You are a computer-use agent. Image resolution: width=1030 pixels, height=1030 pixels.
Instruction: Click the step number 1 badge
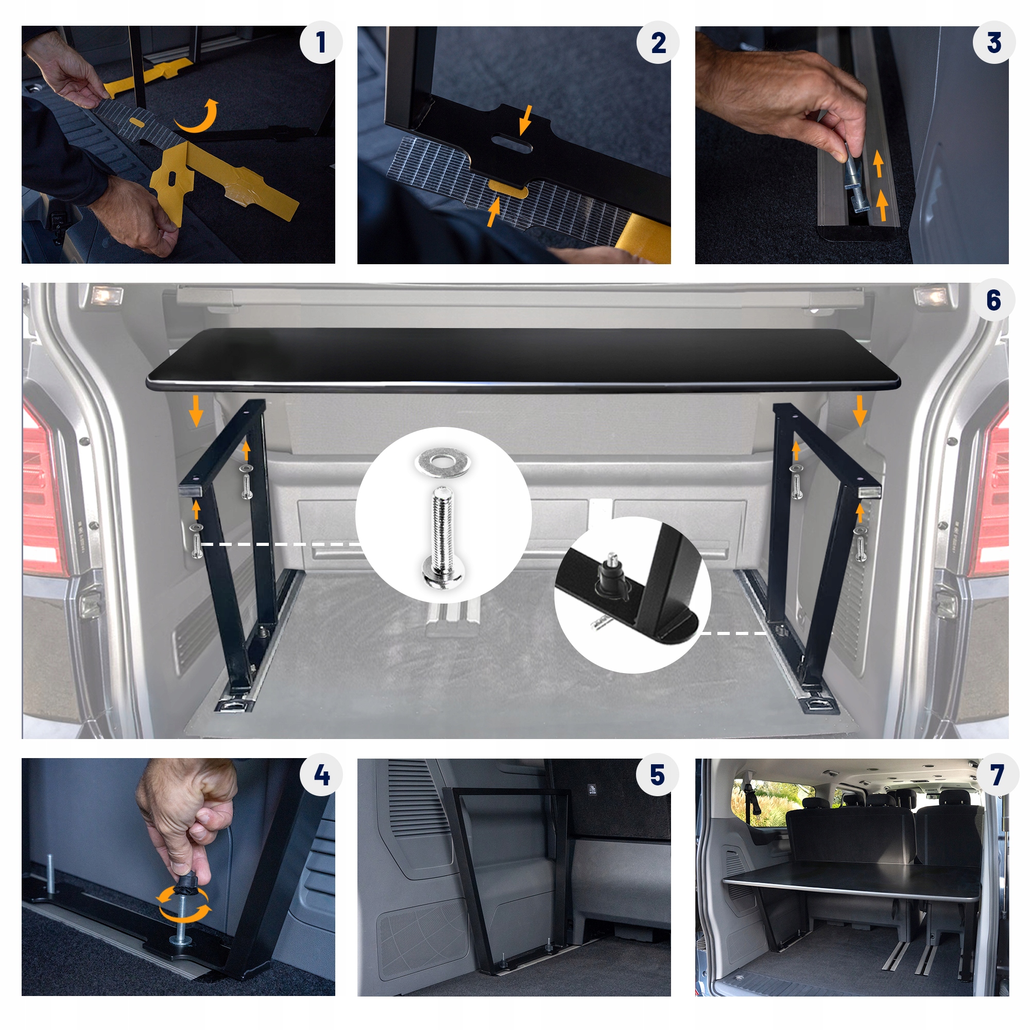tap(320, 43)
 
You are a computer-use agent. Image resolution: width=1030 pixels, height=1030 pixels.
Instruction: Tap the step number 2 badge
tap(658, 43)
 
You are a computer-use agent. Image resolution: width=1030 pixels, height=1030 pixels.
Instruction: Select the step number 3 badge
tap(994, 43)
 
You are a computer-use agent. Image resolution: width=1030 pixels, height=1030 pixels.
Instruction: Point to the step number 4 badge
tap(320, 775)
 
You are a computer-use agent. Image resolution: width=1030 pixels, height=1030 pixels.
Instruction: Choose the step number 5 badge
tap(658, 775)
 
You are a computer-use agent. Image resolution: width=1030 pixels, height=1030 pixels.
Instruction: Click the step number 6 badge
tap(994, 300)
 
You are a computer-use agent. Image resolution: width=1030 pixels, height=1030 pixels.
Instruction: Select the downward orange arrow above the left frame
tap(196, 410)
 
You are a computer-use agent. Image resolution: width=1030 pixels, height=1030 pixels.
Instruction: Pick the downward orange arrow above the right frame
tap(860, 411)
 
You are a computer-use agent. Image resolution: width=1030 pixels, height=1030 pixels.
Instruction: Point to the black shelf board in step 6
tap(522, 361)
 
